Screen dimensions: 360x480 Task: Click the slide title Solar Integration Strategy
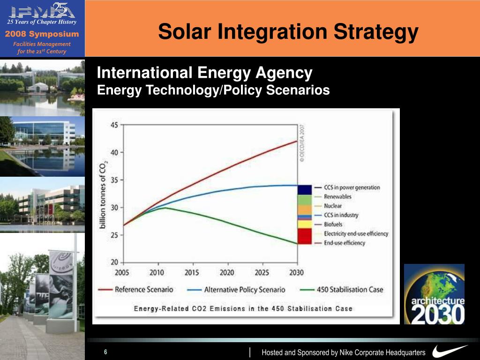[288, 32]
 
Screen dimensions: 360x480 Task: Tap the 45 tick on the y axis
[114, 125]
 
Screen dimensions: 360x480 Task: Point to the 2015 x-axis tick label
[192, 273]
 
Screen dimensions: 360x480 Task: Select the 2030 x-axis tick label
[296, 273]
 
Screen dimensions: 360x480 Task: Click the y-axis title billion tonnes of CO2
[104, 193]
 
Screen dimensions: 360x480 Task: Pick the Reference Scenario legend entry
[135, 290]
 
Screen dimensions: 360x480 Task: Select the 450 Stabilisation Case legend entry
[342, 290]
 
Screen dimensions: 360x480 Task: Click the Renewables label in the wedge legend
[337, 197]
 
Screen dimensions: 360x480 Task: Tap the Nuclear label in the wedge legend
[333, 206]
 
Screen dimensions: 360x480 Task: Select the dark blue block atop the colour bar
[305, 189]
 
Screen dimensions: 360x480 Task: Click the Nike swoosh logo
[450, 351]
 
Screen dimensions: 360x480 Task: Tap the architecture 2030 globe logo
[434, 294]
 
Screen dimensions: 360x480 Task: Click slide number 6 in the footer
[106, 352]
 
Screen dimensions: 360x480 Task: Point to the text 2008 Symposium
[42, 34]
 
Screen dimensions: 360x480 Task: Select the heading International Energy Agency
[204, 73]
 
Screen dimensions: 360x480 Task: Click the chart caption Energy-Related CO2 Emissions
[243, 308]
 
